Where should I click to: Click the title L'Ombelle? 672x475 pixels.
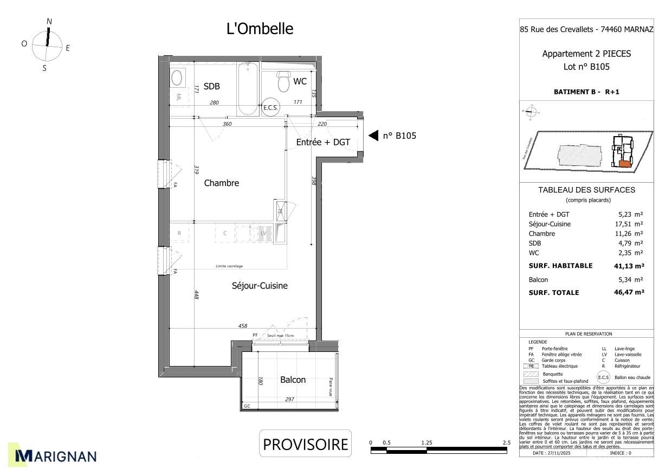pyautogui.click(x=260, y=29)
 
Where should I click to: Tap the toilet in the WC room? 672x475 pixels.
pyautogui.click(x=283, y=81)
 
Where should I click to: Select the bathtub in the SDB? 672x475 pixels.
pyautogui.click(x=248, y=89)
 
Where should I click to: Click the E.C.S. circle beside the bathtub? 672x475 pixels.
pyautogui.click(x=270, y=107)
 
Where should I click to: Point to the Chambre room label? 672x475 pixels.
pyautogui.click(x=221, y=183)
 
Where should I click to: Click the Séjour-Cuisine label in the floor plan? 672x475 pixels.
pyautogui.click(x=260, y=286)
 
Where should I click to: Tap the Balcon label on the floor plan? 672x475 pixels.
pyautogui.click(x=293, y=380)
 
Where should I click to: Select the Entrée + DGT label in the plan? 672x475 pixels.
pyautogui.click(x=323, y=142)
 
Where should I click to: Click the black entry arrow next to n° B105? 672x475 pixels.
pyautogui.click(x=373, y=136)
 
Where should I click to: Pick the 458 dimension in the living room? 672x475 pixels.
pyautogui.click(x=243, y=326)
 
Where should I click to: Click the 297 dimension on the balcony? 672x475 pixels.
pyautogui.click(x=289, y=400)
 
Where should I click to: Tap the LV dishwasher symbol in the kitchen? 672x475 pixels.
pyautogui.click(x=264, y=233)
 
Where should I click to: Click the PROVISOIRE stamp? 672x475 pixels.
pyautogui.click(x=305, y=444)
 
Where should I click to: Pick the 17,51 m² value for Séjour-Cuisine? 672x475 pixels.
pyautogui.click(x=631, y=224)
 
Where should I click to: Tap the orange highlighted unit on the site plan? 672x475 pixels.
pyautogui.click(x=625, y=163)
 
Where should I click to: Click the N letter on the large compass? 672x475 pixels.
pyautogui.click(x=49, y=22)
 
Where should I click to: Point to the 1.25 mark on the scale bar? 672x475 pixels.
pyautogui.click(x=427, y=443)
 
